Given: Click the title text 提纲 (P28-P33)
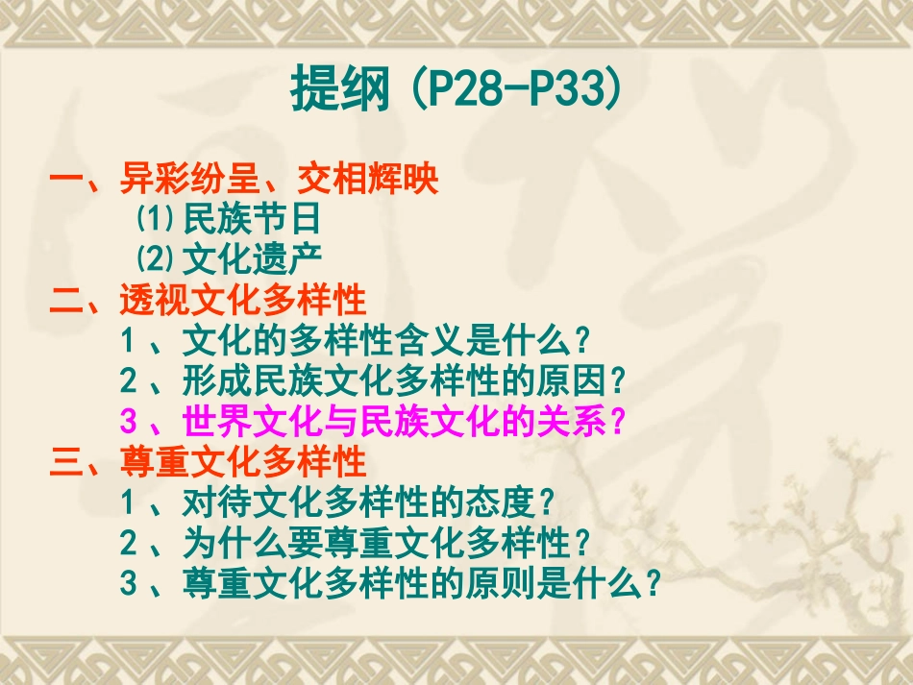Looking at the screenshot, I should (x=456, y=90).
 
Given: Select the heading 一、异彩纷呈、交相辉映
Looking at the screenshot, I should (x=245, y=180).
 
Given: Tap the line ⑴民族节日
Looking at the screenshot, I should (x=228, y=220).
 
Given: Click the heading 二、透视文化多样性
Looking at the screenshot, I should (x=209, y=301).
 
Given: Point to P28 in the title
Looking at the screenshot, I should (x=461, y=90).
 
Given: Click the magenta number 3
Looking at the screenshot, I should (x=130, y=422).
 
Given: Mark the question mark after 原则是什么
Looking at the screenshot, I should (x=654, y=583).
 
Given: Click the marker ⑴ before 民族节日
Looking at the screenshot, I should (x=153, y=220).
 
